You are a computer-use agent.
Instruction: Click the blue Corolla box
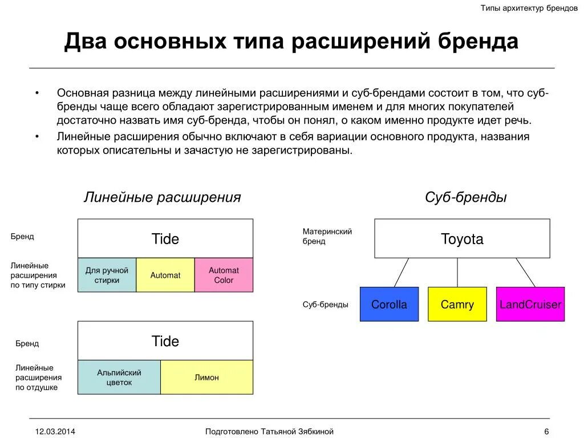pos(389,304)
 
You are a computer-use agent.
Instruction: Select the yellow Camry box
pos(457,304)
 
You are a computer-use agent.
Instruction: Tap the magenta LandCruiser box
pos(530,304)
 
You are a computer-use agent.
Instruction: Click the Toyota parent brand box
pos(462,238)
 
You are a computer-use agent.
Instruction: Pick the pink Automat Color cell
pos(224,275)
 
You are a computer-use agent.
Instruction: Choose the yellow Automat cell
pos(165,275)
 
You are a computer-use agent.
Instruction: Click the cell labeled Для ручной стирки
pos(107,275)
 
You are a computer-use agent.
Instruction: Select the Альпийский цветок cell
pos(119,377)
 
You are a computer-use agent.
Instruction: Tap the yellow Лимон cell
pos(206,377)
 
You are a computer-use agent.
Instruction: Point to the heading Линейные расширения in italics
pos(162,197)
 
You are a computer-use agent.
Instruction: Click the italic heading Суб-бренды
pos(465,197)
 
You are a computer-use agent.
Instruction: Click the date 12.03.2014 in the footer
pos(55,431)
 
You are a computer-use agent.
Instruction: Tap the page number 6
pos(546,431)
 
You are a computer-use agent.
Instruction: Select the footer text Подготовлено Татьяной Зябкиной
pos(269,431)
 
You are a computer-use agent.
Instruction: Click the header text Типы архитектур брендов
pos(529,9)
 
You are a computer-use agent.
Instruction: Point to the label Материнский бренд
pos(327,236)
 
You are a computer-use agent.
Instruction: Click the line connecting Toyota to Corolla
pos(401,272)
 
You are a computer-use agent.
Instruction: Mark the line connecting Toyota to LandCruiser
pos(525,272)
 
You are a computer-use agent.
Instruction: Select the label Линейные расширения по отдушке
pos(38,378)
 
